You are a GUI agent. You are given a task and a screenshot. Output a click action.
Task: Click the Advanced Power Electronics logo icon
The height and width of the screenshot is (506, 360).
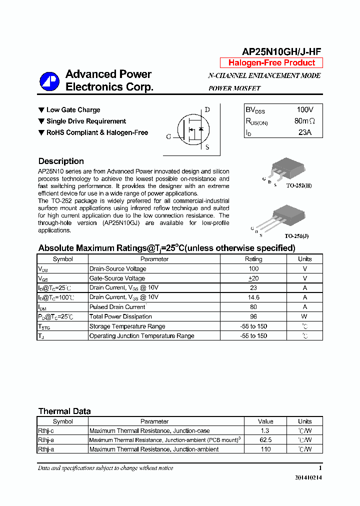pos(49,81)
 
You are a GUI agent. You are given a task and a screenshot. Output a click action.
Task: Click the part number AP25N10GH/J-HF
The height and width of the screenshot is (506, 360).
pos(281,51)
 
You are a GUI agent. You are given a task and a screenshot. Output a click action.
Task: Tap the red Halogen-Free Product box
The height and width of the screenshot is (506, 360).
pos(271,63)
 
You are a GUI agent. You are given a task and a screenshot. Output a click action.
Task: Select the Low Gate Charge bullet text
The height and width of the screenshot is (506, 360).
pos(73,110)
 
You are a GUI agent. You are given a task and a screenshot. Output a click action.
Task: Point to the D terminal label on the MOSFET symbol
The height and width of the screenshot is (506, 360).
pos(207,110)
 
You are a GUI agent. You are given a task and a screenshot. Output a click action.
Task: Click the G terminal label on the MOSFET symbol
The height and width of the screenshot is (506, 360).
pos(168,136)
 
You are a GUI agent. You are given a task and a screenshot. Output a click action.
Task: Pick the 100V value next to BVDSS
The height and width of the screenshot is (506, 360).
pos(304,110)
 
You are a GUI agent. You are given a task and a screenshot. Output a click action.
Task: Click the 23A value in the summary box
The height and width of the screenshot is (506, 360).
pos(304,132)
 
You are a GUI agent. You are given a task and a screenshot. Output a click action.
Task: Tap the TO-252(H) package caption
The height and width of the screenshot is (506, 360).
pos(298,185)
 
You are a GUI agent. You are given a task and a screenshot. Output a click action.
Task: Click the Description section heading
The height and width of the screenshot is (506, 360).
pos(61,161)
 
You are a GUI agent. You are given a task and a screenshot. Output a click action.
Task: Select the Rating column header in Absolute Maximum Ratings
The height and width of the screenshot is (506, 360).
pos(253,259)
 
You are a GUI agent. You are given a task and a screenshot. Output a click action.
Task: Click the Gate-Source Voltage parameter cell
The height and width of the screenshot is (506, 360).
pos(117,278)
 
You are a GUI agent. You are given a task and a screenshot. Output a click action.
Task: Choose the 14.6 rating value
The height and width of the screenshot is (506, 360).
pos(253,297)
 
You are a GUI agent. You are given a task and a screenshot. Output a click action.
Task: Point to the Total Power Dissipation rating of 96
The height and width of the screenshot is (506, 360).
pos(253,316)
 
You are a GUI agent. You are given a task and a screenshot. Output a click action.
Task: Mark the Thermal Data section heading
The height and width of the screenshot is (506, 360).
pos(64,411)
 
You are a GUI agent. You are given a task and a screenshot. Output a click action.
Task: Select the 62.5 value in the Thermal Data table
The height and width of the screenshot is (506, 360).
pos(265,440)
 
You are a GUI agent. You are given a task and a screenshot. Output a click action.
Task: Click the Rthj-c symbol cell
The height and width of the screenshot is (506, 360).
pos(46,430)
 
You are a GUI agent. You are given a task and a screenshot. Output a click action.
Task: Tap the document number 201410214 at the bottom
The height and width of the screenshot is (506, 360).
pos(308,478)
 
